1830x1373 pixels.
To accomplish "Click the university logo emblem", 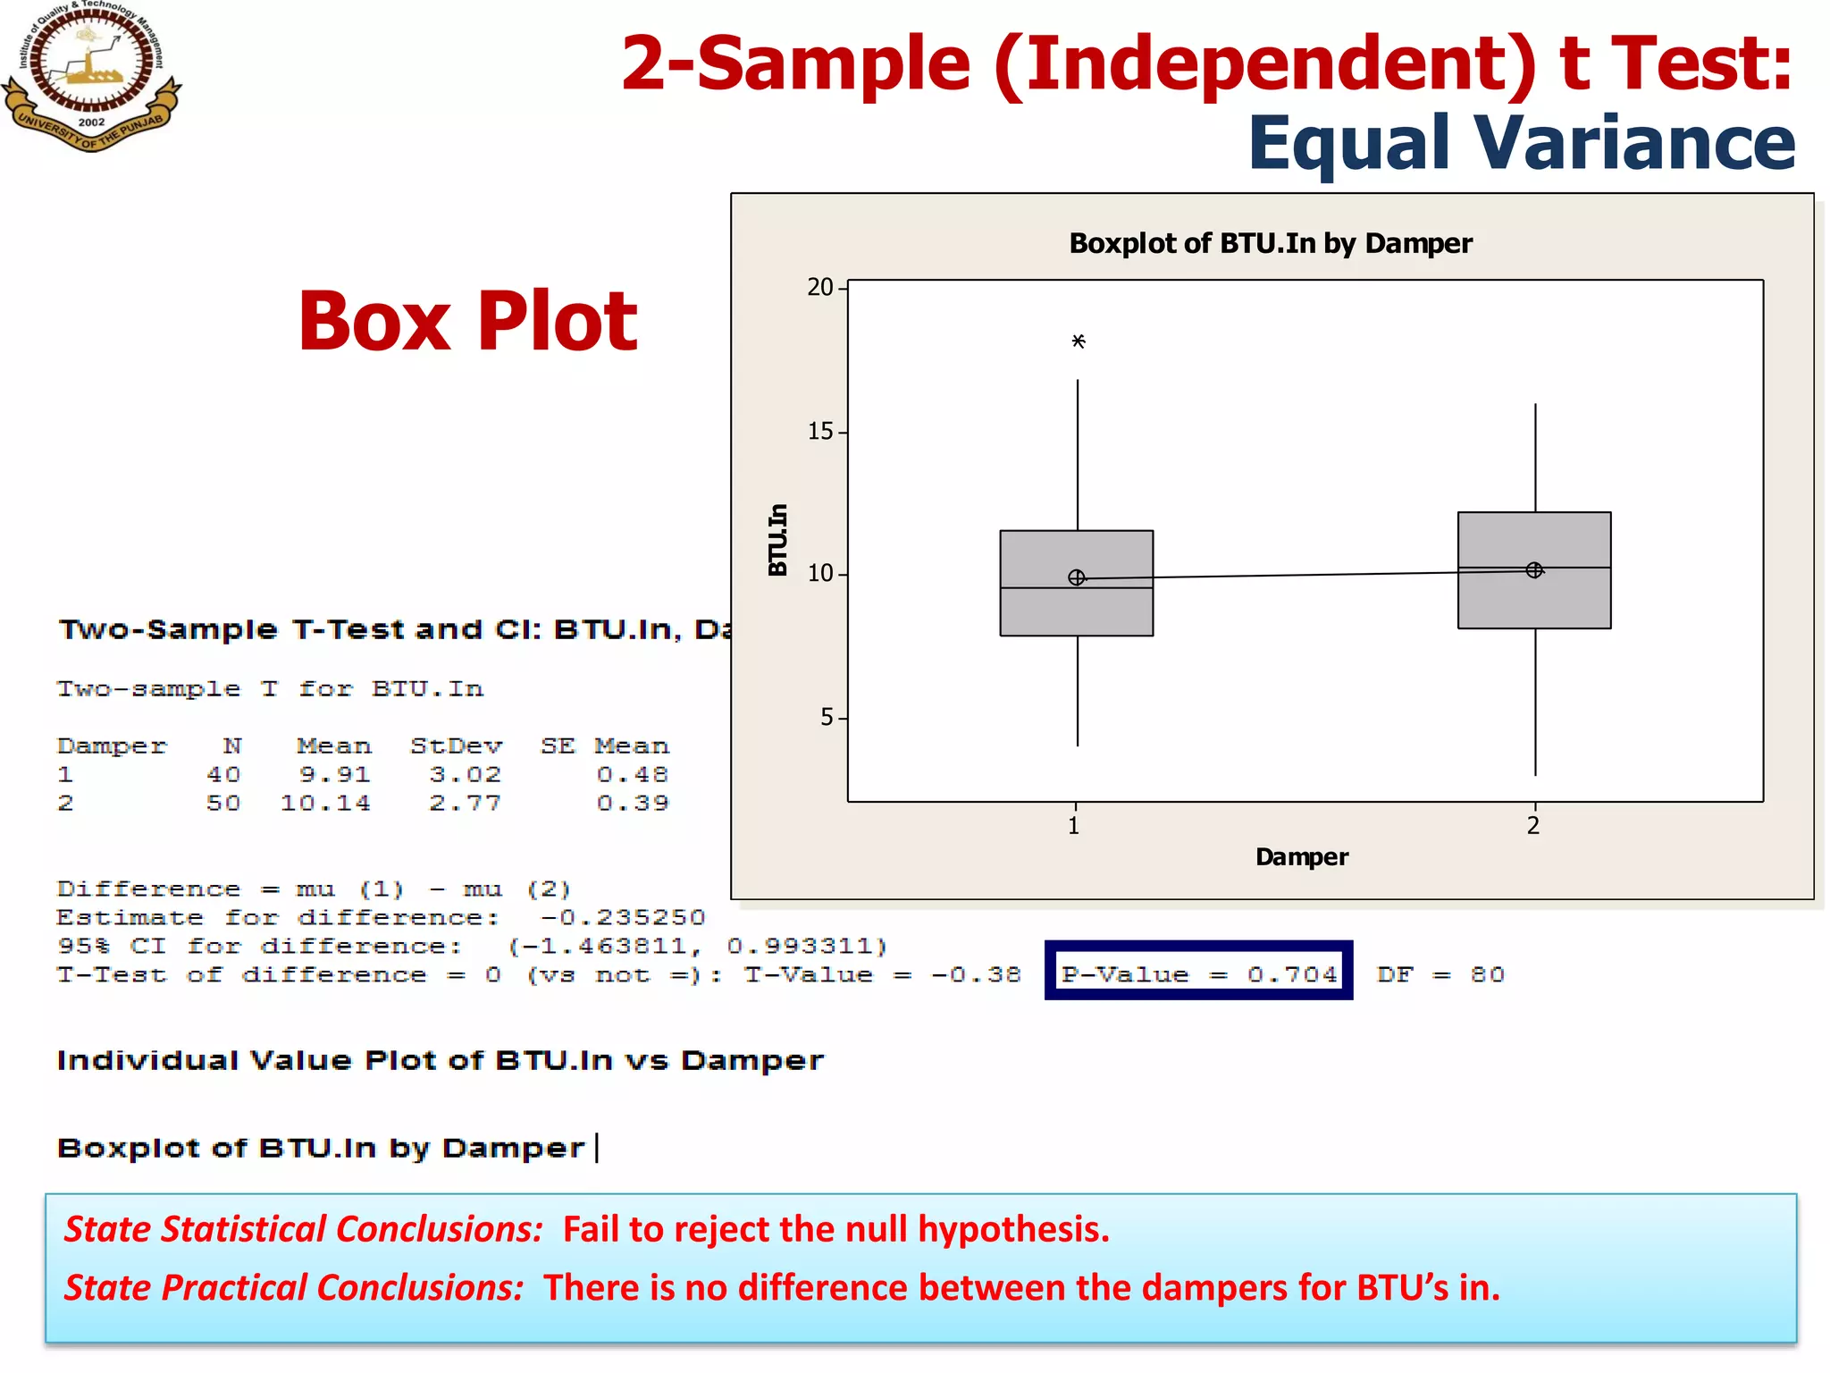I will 91,75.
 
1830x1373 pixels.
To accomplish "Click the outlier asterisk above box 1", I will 1079,341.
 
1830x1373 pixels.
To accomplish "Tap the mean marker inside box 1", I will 1077,577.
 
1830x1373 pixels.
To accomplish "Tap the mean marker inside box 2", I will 1534,569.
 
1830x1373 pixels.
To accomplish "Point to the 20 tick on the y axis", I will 820,287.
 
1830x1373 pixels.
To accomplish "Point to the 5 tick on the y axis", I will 827,717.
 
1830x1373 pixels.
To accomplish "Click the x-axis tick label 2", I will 1533,825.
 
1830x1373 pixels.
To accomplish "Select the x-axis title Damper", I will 1301,856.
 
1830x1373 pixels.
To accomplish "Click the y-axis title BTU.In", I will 778,539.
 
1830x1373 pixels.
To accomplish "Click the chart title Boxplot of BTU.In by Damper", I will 1270,243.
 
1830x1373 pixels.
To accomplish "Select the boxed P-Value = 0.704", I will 1198,973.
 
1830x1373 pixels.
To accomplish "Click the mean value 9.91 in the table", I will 334,774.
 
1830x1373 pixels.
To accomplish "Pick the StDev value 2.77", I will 465,803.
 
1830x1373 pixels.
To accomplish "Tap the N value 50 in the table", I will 223,803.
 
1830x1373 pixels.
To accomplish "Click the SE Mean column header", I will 604,745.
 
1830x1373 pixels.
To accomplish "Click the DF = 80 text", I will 1440,973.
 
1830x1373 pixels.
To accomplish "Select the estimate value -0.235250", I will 623,917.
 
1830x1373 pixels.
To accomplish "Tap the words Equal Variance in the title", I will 1521,143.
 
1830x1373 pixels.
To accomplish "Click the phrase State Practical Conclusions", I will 294,1287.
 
